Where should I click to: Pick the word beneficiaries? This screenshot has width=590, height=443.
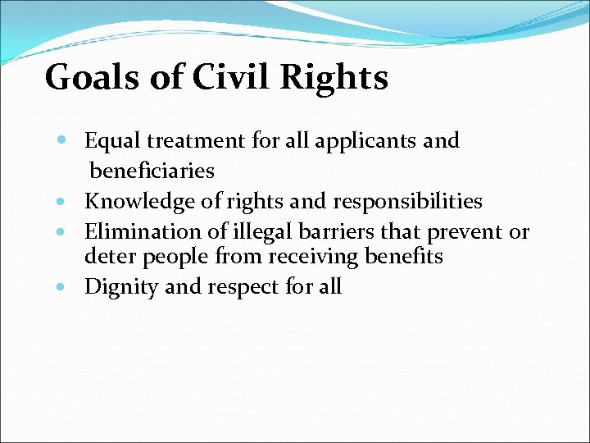152,171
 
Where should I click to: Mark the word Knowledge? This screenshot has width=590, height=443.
137,202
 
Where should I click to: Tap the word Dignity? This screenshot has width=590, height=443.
121,287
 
